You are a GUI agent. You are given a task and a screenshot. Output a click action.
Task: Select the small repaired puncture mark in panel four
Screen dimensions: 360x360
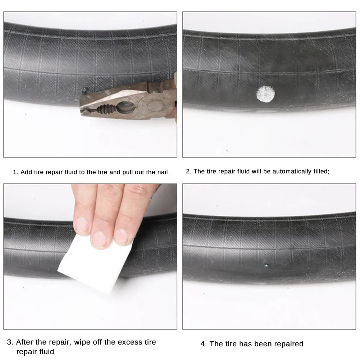pyautogui.click(x=266, y=265)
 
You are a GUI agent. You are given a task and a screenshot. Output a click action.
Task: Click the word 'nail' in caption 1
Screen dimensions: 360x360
pyautogui.click(x=162, y=172)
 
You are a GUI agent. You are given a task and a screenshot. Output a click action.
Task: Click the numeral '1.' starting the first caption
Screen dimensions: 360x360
pyautogui.click(x=16, y=172)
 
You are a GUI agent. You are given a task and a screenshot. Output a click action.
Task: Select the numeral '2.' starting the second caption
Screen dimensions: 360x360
pyautogui.click(x=189, y=172)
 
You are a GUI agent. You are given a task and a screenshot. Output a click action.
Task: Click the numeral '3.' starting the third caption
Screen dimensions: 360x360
pyautogui.click(x=10, y=342)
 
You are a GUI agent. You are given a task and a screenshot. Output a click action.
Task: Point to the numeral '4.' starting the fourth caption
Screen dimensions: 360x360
pyautogui.click(x=204, y=344)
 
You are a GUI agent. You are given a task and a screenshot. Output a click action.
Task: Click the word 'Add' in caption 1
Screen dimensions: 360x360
pyautogui.click(x=26, y=172)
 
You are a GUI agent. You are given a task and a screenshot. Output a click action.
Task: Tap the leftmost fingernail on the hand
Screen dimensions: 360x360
pyautogui.click(x=82, y=225)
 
